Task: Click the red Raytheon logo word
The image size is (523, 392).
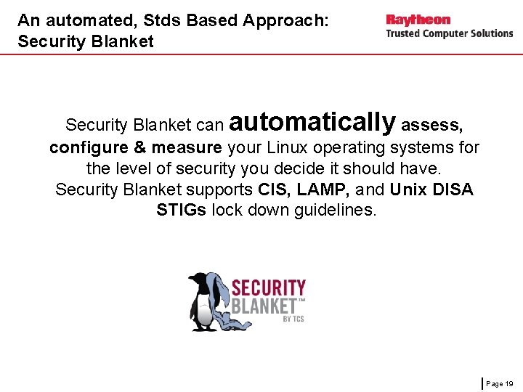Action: tap(418, 20)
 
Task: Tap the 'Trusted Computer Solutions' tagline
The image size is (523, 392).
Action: tap(449, 33)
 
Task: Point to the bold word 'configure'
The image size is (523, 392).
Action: tap(89, 148)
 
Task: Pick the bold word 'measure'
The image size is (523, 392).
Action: tap(187, 148)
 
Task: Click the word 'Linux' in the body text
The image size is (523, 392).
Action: tap(287, 148)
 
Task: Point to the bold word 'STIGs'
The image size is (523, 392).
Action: tap(181, 211)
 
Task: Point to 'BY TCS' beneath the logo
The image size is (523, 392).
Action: tap(293, 319)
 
